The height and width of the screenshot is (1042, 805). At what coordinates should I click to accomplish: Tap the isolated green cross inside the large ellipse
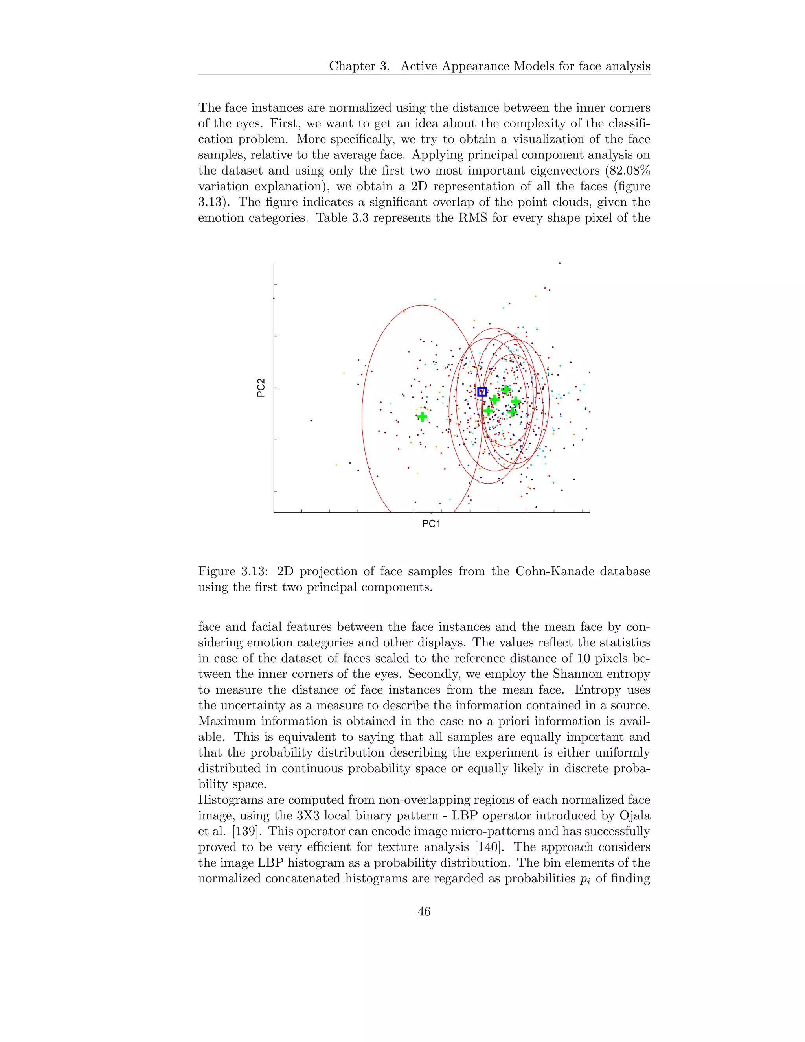point(422,416)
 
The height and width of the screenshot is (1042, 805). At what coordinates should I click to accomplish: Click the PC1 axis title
point(431,524)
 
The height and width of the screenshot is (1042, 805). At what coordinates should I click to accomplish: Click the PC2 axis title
point(261,388)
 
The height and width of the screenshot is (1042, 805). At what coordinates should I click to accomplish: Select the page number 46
point(424,911)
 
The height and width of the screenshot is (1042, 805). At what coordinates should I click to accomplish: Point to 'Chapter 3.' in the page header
point(360,66)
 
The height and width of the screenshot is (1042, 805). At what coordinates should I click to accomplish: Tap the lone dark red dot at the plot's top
point(559,263)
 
